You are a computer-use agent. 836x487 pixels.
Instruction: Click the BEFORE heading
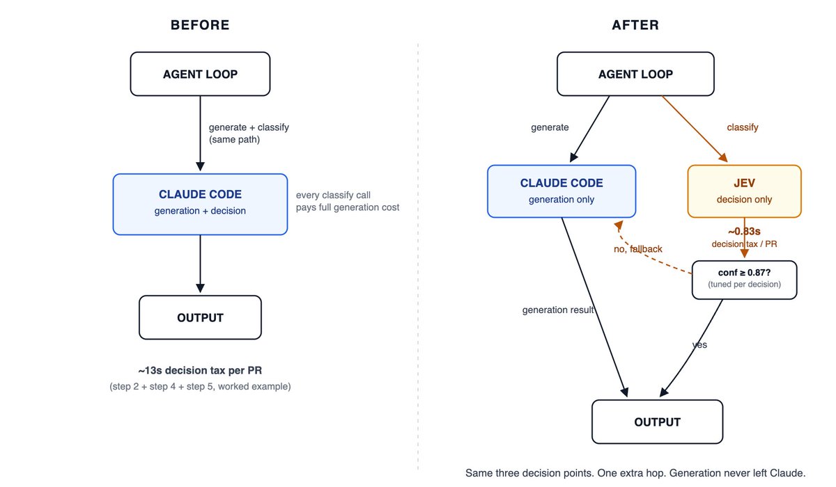pos(200,25)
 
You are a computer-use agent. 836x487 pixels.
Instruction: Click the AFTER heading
pos(635,25)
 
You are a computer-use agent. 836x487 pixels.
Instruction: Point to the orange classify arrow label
pos(743,127)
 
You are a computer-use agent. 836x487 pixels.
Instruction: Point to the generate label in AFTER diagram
pos(550,127)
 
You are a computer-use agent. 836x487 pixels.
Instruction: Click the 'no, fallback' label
pos(638,249)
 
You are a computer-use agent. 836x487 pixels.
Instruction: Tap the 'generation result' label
pos(558,310)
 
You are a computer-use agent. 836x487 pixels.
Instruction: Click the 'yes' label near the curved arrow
pos(699,344)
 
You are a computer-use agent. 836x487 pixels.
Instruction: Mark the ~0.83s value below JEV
pos(744,232)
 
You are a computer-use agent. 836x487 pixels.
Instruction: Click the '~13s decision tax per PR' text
pos(200,370)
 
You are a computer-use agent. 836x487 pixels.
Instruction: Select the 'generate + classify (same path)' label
pos(249,134)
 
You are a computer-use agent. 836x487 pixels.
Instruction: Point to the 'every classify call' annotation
pos(333,195)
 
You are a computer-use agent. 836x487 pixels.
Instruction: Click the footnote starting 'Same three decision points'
pos(635,473)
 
